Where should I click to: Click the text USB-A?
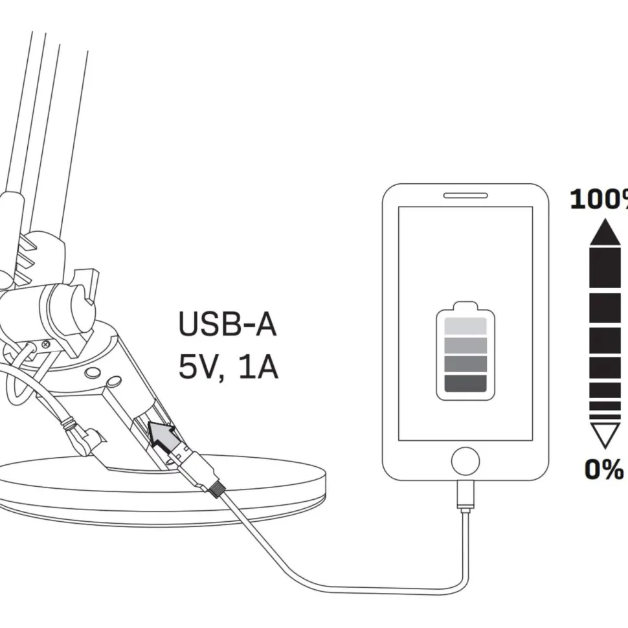click(227, 324)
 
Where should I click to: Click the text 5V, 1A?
click(228, 367)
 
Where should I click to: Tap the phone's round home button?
click(465, 461)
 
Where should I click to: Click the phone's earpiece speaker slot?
click(465, 196)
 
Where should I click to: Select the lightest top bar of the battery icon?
click(465, 326)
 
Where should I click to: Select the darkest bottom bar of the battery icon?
click(465, 383)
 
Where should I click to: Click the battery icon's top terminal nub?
click(465, 306)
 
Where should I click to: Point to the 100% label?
click(599, 199)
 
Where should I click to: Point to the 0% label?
click(604, 469)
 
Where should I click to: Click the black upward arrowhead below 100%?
click(605, 232)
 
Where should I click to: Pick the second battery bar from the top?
click(465, 345)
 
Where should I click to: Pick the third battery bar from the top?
click(465, 364)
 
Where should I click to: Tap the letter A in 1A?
click(265, 367)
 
